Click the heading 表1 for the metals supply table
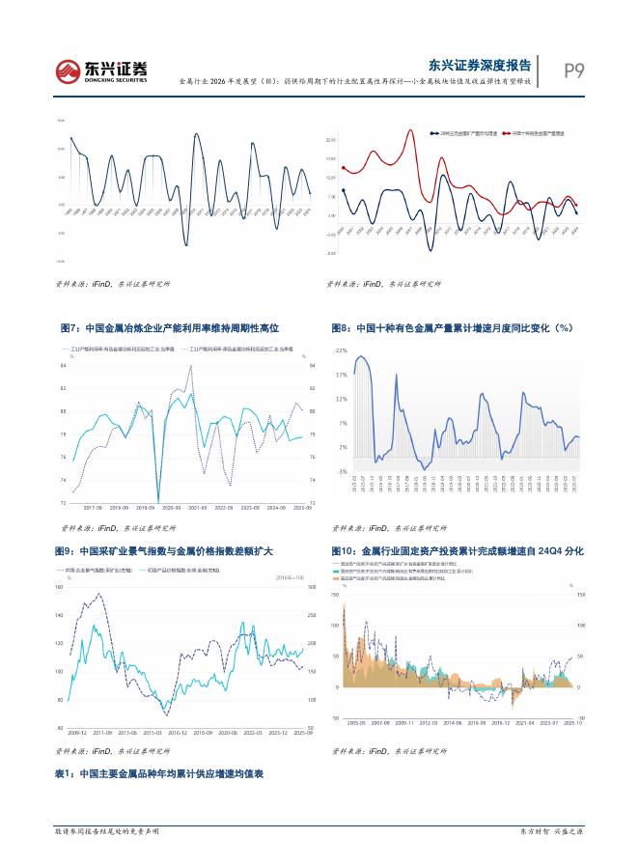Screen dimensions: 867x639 tap(159, 774)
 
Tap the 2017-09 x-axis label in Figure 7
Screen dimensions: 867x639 tap(94, 507)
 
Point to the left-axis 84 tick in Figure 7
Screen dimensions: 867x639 tap(64, 366)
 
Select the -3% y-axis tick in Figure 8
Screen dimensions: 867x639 tap(342, 472)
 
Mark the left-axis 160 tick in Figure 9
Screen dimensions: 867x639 tap(60, 587)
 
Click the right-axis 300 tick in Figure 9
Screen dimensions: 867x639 tap(312, 587)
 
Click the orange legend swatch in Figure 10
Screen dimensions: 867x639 tap(337, 578)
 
